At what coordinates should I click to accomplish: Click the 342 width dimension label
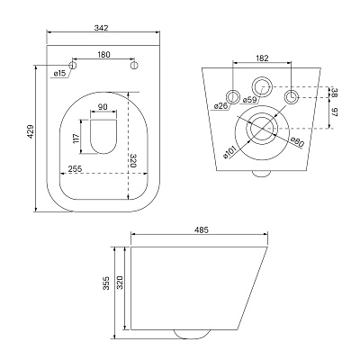coord(101,28)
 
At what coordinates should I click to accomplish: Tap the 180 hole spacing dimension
coord(103,55)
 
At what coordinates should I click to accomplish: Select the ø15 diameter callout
coord(59,74)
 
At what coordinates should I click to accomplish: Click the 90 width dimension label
coord(103,107)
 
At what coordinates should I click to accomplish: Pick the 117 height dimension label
coord(76,138)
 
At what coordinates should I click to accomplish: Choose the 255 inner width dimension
coord(75,169)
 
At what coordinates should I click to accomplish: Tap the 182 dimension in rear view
coord(263,58)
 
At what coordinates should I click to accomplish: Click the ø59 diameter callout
coord(249,100)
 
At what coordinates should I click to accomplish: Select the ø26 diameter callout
coord(221,105)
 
